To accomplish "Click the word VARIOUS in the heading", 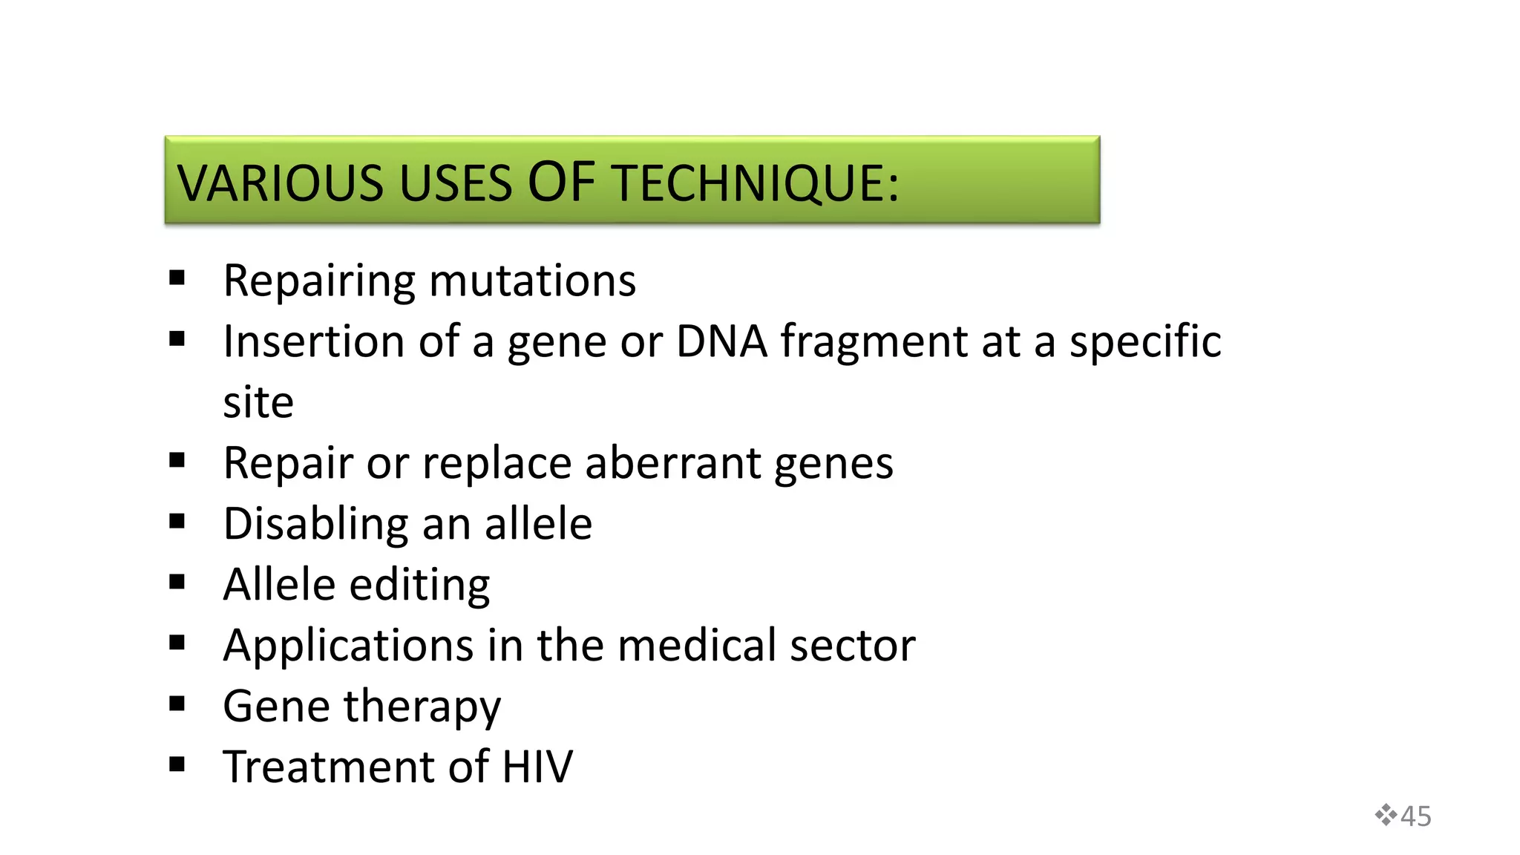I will point(281,183).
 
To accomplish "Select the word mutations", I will point(532,281).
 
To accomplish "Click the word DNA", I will point(721,342).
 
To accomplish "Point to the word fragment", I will point(874,342).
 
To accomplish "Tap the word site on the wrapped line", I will point(258,403).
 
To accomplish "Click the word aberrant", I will point(672,463).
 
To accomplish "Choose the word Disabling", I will point(315,524).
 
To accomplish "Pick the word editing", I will point(419,585).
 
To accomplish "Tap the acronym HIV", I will point(537,767).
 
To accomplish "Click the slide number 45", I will point(1416,816).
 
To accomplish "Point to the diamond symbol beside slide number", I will point(1385,815).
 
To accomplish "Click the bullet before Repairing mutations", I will point(177,278).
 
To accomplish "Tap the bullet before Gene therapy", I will point(177,704).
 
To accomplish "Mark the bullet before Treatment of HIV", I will point(177,764).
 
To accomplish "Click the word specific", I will point(1144,342).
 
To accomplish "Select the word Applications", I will point(348,645).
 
